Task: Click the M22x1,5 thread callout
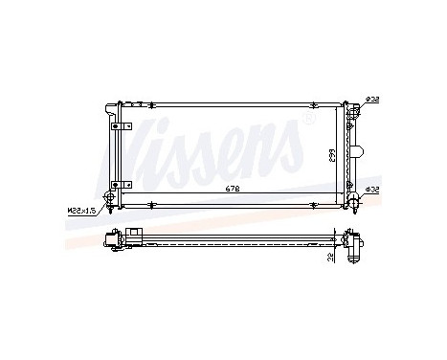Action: pyautogui.click(x=83, y=208)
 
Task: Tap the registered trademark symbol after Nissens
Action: pyautogui.click(x=308, y=121)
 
